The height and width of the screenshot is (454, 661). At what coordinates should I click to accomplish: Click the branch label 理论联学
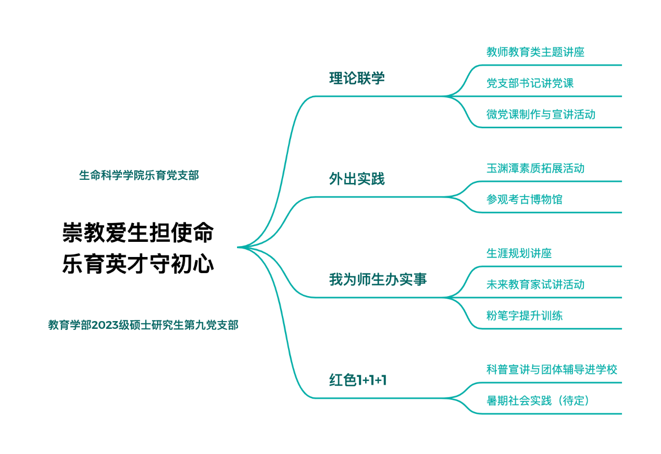click(357, 79)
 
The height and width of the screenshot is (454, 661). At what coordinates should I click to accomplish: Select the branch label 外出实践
click(357, 179)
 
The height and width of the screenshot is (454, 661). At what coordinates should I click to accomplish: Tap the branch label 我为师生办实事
click(378, 280)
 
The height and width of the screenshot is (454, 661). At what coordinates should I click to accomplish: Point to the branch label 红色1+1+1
click(358, 381)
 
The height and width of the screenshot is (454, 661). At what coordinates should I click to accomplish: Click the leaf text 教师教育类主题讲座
click(535, 52)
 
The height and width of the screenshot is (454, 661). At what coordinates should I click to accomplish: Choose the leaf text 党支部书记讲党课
click(530, 83)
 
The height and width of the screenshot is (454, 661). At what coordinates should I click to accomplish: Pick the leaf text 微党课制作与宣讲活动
click(541, 115)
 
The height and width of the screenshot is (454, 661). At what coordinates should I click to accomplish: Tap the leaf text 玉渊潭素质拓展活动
click(535, 168)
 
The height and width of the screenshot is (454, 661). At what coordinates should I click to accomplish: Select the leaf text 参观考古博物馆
click(525, 200)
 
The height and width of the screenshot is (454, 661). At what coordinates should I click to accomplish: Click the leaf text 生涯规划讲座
click(519, 254)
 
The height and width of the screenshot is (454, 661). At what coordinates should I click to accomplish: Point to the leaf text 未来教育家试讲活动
click(535, 285)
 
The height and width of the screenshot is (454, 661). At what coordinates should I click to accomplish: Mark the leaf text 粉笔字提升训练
click(525, 316)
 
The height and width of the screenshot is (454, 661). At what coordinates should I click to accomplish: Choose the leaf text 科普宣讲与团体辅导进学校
click(552, 370)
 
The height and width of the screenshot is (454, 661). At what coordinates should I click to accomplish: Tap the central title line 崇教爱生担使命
click(138, 233)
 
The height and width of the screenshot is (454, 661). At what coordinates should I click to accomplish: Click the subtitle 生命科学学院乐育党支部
click(139, 176)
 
